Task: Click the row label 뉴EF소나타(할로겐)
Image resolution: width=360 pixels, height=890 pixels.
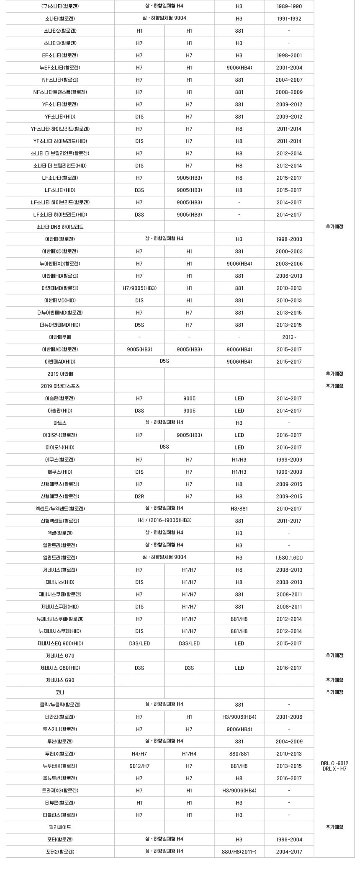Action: pyautogui.click(x=60, y=67)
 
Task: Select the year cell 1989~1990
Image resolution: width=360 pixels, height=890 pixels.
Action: pyautogui.click(x=289, y=6)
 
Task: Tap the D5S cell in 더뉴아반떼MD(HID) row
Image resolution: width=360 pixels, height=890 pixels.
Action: pyautogui.click(x=139, y=325)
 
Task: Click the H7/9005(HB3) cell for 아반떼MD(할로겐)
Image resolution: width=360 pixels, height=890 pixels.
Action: pyautogui.click(x=139, y=288)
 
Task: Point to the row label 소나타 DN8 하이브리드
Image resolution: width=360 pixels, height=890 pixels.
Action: pyautogui.click(x=60, y=227)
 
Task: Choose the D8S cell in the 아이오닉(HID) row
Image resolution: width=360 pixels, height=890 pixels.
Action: pyautogui.click(x=164, y=447)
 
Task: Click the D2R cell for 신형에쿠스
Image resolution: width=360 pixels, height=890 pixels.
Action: pyautogui.click(x=139, y=496)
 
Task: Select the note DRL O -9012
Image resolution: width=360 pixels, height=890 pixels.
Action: pyautogui.click(x=334, y=763)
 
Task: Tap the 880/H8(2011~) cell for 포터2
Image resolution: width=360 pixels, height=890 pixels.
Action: pyautogui.click(x=239, y=851)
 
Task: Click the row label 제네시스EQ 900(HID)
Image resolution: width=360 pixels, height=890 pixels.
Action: pyautogui.click(x=60, y=643)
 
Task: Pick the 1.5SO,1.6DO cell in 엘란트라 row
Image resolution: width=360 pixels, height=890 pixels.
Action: pyautogui.click(x=289, y=557)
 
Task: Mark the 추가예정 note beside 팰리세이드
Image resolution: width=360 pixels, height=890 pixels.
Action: pyautogui.click(x=334, y=827)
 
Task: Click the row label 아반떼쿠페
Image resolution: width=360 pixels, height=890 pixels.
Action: pyautogui.click(x=60, y=337)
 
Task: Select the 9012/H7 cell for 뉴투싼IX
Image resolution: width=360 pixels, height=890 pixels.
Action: pyautogui.click(x=139, y=766)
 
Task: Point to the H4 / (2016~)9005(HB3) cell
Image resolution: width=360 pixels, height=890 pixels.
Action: pyautogui.click(x=164, y=521)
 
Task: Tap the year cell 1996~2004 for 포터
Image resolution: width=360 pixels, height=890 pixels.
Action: pyautogui.click(x=289, y=839)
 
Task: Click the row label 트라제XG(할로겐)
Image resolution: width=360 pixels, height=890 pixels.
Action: pyautogui.click(x=60, y=790)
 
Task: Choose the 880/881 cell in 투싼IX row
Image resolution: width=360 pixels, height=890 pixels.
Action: pyautogui.click(x=239, y=753)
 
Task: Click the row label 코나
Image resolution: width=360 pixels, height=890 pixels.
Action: pyautogui.click(x=60, y=692)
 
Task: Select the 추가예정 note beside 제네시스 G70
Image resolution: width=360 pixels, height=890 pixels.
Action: pyautogui.click(x=334, y=655)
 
